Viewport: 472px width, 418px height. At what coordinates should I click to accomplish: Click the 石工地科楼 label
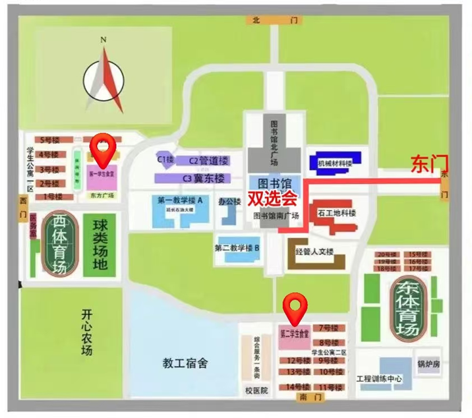point(337,214)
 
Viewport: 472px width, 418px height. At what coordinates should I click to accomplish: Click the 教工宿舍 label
point(185,362)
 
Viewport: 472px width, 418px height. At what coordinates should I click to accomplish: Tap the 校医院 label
point(256,390)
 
